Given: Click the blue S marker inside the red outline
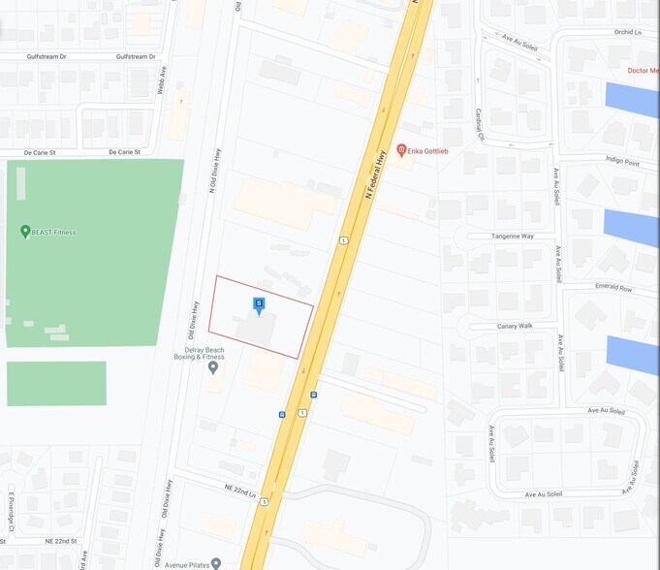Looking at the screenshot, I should pos(259,305).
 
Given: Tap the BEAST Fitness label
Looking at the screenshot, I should pos(54,233).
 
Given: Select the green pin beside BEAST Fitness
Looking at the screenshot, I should pos(25,232).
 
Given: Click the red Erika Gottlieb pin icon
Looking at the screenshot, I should pos(401,150).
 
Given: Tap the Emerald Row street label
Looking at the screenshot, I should pos(613,289).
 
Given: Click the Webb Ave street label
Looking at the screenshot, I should pos(164,75).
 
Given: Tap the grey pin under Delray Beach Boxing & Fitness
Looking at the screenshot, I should pos(213,368).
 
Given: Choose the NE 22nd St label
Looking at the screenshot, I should pos(61,540).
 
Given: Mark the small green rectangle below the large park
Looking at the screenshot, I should pos(56,383).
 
